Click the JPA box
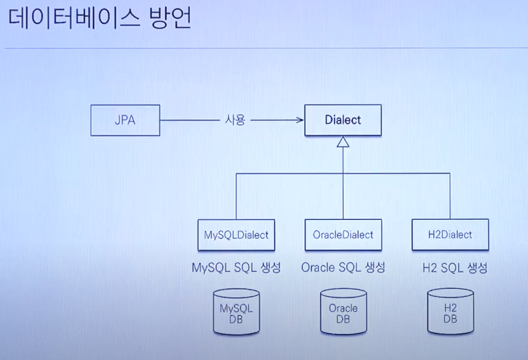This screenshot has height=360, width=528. click(125, 120)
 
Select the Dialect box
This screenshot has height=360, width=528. click(343, 120)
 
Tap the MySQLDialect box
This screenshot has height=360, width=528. click(236, 234)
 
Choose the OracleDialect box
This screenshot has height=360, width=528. click(343, 234)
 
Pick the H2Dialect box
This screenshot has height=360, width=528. click(450, 234)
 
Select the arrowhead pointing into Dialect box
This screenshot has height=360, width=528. click(299, 120)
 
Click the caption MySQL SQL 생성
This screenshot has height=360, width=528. click(236, 268)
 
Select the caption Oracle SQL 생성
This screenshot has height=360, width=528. click(343, 268)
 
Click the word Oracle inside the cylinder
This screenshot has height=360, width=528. click(343, 308)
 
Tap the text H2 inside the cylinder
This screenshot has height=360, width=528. click(450, 308)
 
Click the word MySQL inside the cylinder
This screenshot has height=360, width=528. click(236, 308)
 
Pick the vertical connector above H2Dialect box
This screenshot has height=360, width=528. click(450, 196)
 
